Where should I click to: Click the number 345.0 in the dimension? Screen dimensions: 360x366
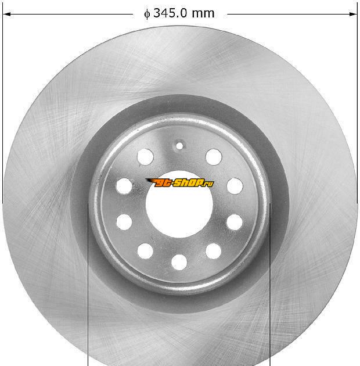(x=170, y=13)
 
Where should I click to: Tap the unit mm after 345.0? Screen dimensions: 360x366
(x=203, y=14)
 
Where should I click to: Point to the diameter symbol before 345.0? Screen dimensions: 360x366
(x=147, y=14)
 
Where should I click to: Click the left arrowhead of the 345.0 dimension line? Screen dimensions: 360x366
(x=6, y=15)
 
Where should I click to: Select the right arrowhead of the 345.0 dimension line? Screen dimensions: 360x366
(x=353, y=15)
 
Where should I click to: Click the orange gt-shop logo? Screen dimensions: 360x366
(x=179, y=183)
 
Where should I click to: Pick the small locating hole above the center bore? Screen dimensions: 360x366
(x=179, y=146)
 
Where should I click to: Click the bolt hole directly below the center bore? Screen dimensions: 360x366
(x=179, y=262)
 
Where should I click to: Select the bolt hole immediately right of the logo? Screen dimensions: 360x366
(x=235, y=186)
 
